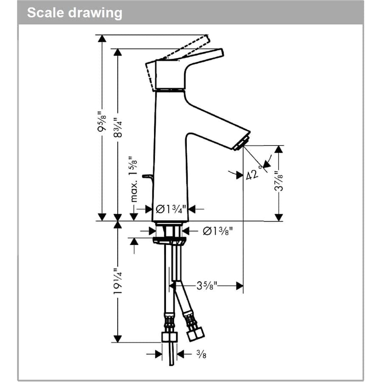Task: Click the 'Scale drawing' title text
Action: pos(74,12)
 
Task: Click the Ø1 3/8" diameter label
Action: pos(217,231)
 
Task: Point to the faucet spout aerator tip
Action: pos(241,143)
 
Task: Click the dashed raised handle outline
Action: pos(187,48)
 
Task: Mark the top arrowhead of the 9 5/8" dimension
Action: pos(101,39)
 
